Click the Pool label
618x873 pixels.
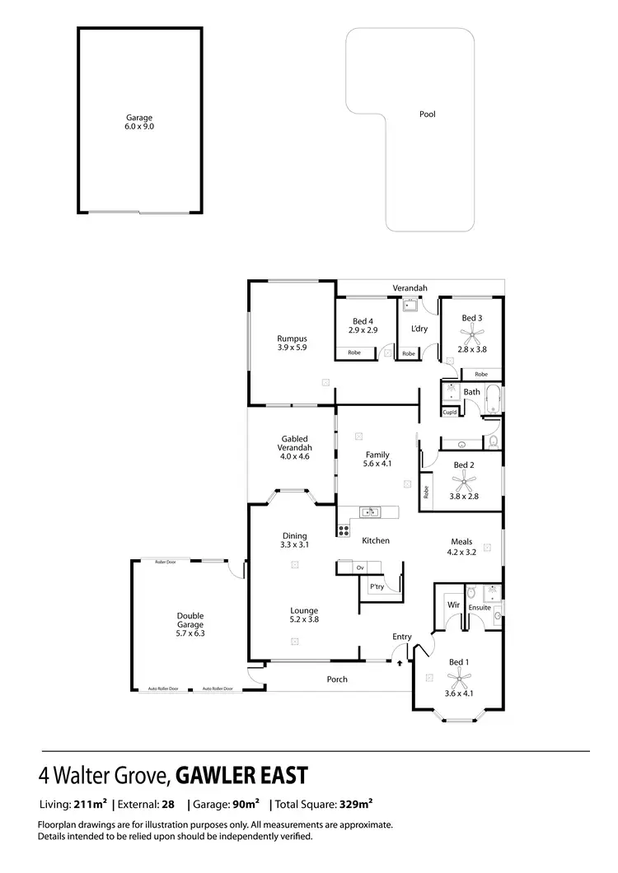[427, 114]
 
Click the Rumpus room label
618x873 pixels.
[292, 338]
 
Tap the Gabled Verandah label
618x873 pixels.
[294, 443]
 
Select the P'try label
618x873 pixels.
[377, 586]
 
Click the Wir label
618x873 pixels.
[452, 605]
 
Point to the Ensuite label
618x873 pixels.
[480, 608]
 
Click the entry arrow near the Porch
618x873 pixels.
[400, 661]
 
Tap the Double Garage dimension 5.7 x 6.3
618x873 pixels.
[190, 633]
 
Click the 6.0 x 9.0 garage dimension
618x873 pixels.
[139, 127]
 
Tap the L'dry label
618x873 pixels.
[419, 329]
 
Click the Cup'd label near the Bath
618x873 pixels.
[450, 412]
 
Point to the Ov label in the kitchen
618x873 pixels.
[360, 568]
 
